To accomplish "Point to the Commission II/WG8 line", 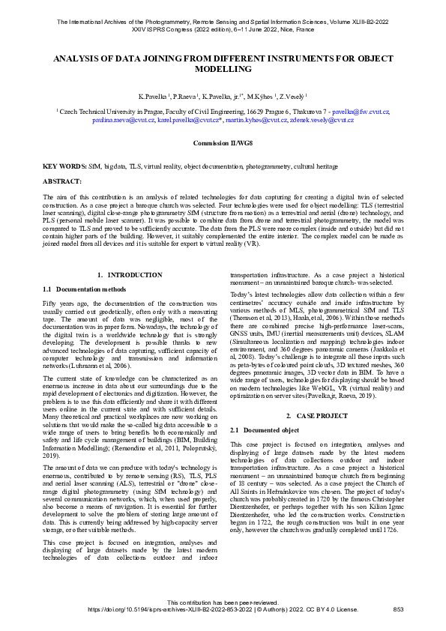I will tap(223, 142).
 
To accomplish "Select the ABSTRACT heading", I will tap(62, 181).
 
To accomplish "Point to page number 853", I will tap(399, 609).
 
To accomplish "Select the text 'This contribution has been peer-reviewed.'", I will tap(223, 602).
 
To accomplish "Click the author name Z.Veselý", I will tap(293, 97).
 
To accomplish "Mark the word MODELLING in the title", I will tap(223, 68).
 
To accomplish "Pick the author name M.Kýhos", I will tap(259, 97).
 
